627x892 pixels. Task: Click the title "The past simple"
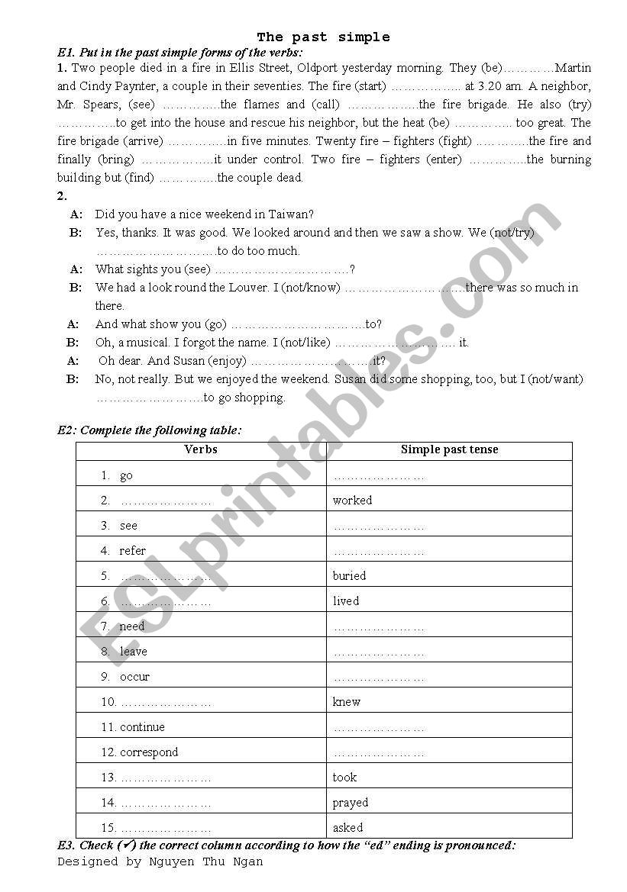[323, 37]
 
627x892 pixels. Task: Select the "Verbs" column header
[201, 449]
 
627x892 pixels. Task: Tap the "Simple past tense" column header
[449, 449]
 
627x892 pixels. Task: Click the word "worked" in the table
[352, 501]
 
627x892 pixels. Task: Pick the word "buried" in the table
[349, 576]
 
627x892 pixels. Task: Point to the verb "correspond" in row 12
[149, 752]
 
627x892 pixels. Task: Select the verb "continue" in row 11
[142, 727]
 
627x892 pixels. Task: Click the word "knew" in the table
[346, 702]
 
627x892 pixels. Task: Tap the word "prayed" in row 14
[350, 803]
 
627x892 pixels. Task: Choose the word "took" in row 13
[344, 778]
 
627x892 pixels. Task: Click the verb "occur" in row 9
[134, 677]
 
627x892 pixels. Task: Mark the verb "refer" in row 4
[132, 551]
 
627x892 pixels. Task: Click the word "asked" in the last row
[347, 828]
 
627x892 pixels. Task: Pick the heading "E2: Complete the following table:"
[150, 430]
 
